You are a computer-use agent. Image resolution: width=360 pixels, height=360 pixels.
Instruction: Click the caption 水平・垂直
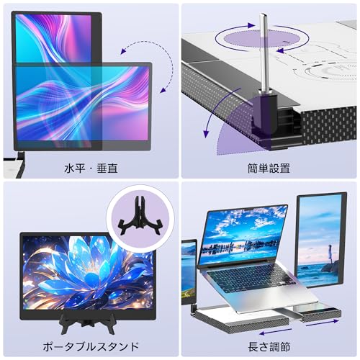pos(91,168)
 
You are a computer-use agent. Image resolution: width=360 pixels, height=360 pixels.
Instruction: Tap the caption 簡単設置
pos(269,168)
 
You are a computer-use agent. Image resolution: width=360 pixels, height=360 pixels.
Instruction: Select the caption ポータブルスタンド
pos(91,346)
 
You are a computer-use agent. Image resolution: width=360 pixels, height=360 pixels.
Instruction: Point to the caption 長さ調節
pos(269,346)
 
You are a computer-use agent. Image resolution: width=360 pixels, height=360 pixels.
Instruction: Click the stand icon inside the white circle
pos(140,215)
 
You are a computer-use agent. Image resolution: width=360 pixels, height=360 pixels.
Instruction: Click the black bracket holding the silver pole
pos(265,114)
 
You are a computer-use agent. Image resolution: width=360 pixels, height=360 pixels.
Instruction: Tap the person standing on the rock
pos(330,254)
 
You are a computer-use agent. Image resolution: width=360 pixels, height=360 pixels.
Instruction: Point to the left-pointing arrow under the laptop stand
pos(276,332)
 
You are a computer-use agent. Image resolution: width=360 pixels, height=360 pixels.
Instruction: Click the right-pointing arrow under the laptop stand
pos(323,323)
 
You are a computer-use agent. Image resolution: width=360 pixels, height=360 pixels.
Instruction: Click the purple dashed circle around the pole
pos(262,38)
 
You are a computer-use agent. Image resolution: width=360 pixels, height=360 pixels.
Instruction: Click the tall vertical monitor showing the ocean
pos(321,240)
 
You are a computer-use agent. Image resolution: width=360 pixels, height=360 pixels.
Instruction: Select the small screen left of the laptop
pos(189,272)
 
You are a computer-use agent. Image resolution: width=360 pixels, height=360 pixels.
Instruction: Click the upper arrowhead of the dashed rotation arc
pos(123,51)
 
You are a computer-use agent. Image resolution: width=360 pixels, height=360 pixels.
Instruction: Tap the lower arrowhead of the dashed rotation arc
pos(163,90)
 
